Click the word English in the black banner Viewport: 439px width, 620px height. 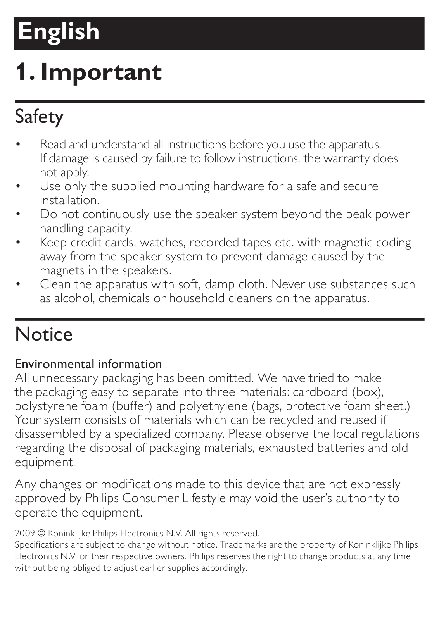59,31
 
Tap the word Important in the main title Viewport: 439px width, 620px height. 101,72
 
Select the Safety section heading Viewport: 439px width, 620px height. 39,117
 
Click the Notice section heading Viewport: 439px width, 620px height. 44,334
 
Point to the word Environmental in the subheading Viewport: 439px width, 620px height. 55,364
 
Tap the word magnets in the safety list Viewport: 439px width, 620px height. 62,270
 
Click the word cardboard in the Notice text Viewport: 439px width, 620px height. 320,392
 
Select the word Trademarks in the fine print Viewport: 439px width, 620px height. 243,545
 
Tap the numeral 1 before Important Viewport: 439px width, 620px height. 22,72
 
